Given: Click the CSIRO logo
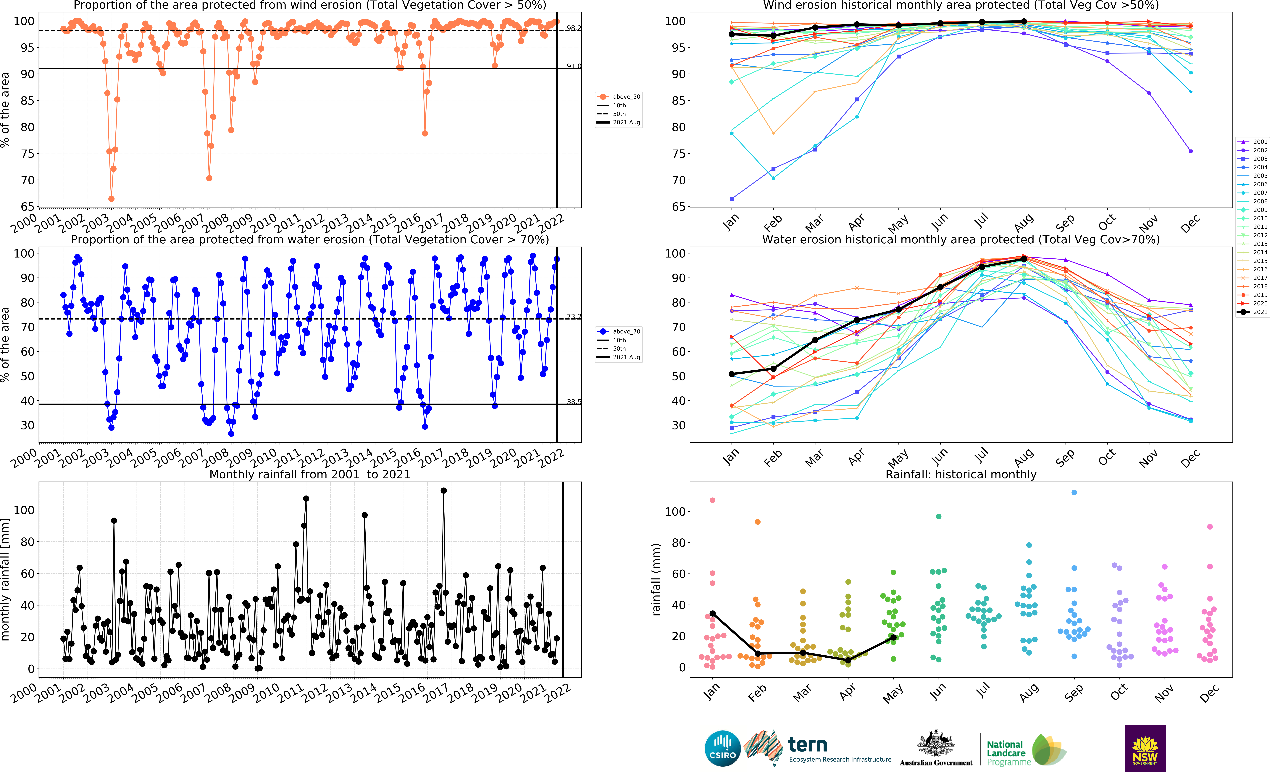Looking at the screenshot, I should tap(722, 748).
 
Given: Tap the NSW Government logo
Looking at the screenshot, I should tap(1145, 748).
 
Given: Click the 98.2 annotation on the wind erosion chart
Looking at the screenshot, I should tap(573, 28).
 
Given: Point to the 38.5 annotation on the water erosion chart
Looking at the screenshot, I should tap(573, 402).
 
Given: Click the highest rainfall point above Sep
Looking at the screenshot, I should tap(1074, 492).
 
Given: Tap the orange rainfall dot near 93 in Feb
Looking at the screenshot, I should tap(758, 522).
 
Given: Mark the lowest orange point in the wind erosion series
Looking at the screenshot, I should tap(111, 199).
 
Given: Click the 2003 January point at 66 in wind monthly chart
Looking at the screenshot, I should tap(731, 199).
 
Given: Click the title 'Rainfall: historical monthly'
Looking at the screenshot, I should tap(961, 474).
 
